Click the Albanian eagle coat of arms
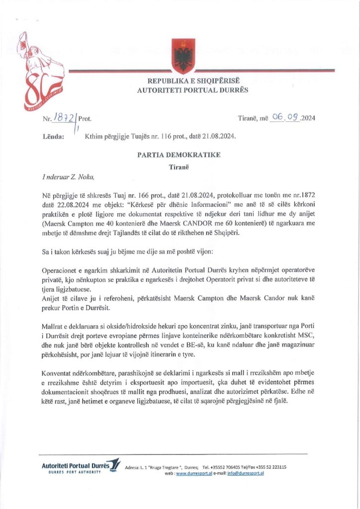180,53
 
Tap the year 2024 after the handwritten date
308,118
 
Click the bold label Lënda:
53,136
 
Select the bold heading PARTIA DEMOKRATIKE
179,155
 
